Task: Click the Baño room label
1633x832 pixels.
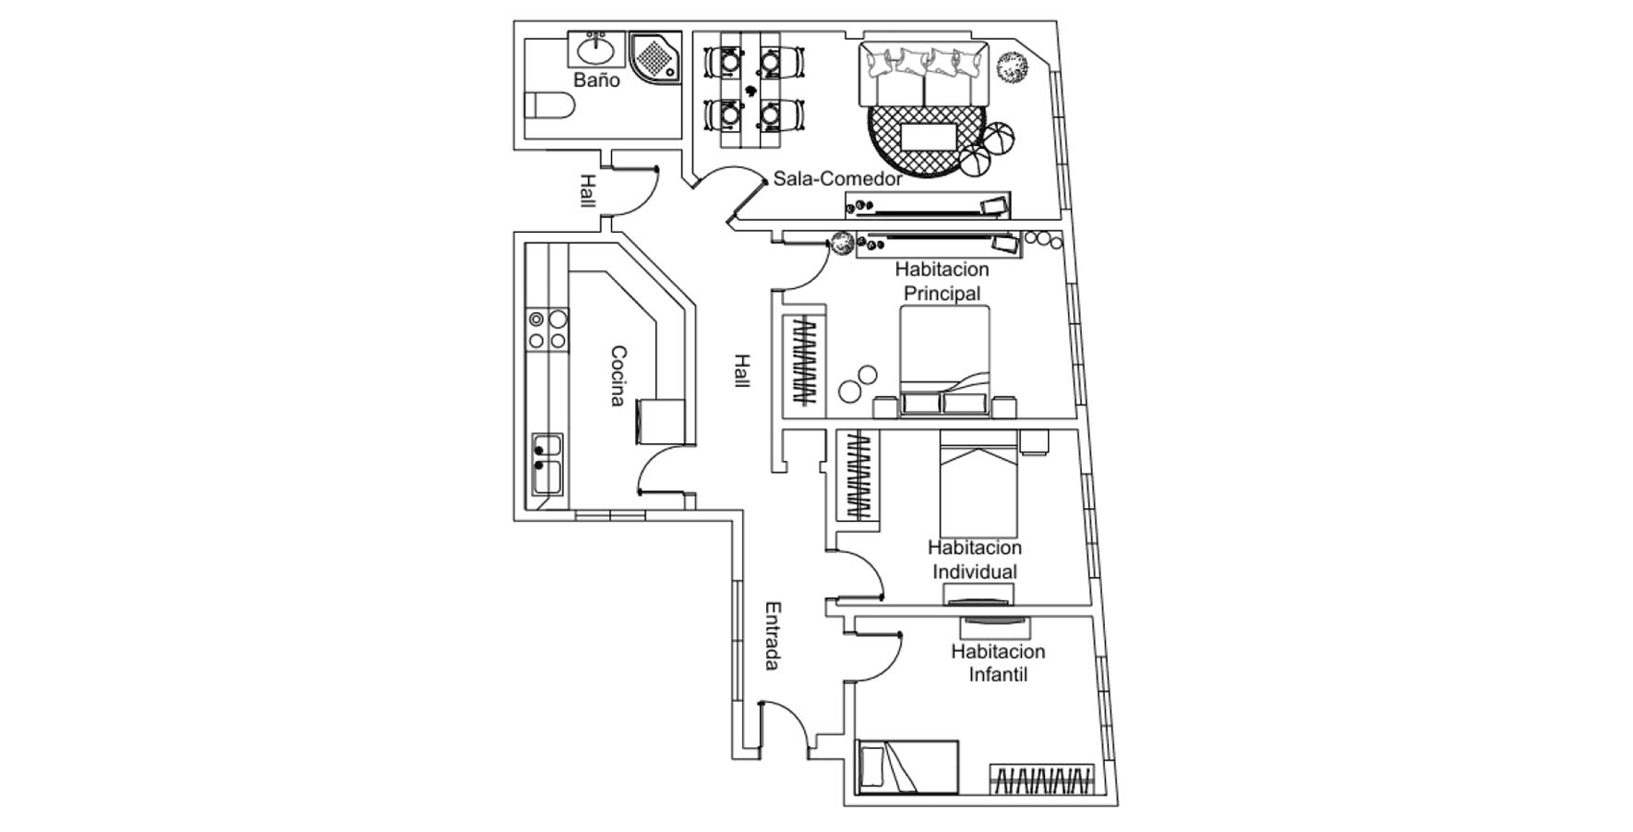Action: click(x=596, y=80)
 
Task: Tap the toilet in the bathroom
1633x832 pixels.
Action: click(x=550, y=105)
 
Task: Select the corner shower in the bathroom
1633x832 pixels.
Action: click(x=654, y=57)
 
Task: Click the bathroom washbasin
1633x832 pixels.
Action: click(x=596, y=47)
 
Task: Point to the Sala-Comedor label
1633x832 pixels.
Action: click(x=837, y=178)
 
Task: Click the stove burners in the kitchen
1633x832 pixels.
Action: click(x=547, y=330)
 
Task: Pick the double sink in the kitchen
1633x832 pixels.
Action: click(x=546, y=464)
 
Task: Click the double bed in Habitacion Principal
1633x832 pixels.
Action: click(x=944, y=360)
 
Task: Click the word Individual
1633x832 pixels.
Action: click(x=974, y=572)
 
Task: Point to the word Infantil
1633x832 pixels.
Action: click(x=998, y=674)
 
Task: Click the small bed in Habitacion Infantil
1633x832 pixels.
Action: click(x=907, y=766)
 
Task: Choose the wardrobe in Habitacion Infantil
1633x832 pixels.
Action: click(x=1043, y=780)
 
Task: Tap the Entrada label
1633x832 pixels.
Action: click(x=773, y=636)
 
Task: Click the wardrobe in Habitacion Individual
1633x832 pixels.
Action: click(x=858, y=474)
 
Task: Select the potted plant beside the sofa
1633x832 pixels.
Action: click(x=1013, y=67)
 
